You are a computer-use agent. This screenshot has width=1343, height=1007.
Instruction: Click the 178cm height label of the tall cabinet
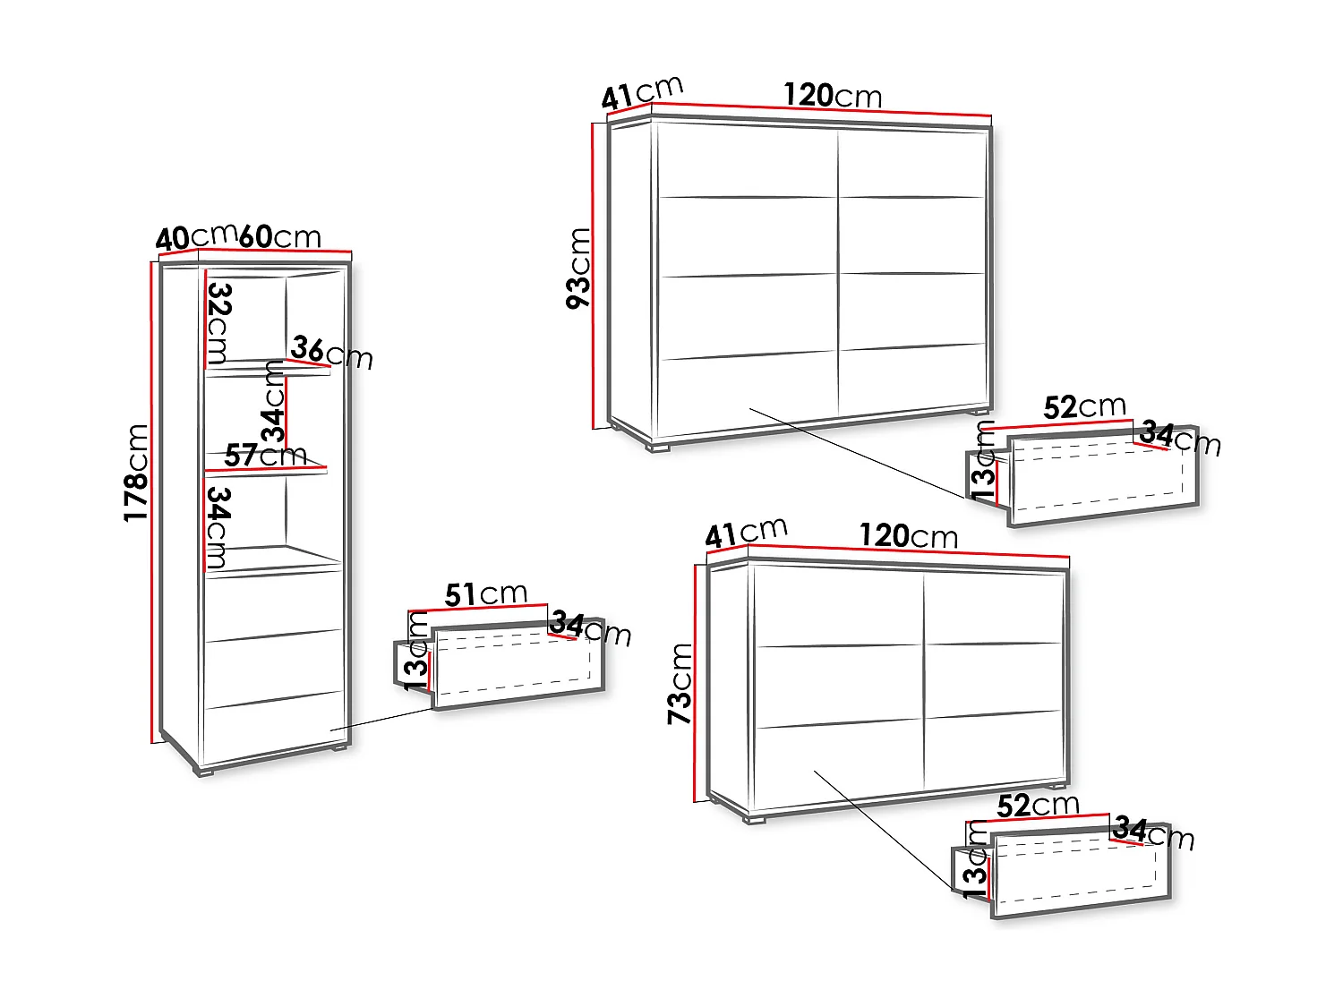point(135,473)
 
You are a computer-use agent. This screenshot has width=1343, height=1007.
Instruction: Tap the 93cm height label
point(579,268)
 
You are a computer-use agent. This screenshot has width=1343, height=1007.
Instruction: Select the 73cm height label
point(680,684)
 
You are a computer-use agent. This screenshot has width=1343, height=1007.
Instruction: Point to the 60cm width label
point(279,236)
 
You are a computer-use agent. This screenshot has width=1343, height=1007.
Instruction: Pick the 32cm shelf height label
point(218,323)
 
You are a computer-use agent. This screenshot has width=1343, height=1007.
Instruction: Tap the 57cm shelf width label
point(265,456)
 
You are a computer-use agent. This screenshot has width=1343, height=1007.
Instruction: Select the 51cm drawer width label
point(485,594)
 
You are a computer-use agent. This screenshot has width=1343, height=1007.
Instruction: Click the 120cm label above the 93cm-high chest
point(833,95)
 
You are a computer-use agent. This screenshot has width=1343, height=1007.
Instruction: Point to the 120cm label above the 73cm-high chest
point(908,536)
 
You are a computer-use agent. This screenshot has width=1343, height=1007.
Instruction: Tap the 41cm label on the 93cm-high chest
point(641,92)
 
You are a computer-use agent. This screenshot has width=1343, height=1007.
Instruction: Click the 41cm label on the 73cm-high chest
point(746,533)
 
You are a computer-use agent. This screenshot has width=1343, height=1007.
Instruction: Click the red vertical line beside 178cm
point(152,501)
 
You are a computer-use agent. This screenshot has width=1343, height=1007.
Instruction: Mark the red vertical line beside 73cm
point(696,684)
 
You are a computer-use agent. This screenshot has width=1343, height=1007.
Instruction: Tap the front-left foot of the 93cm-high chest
point(660,448)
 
